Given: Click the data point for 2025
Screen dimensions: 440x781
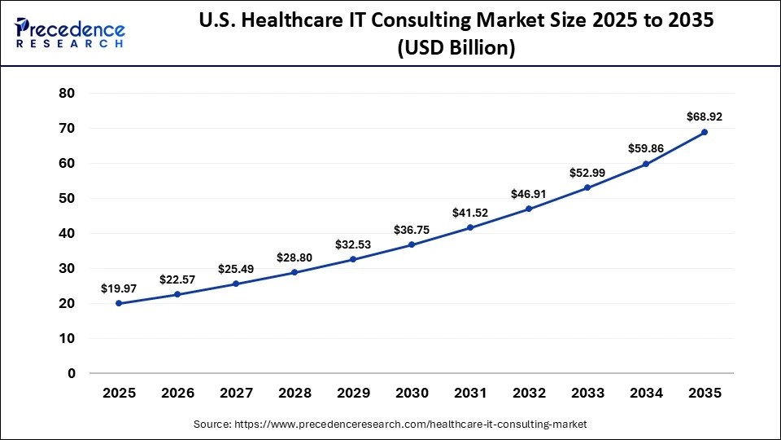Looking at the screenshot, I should point(119,303).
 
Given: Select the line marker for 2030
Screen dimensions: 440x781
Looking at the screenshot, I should point(412,244).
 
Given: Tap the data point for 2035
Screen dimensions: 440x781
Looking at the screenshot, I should point(705,132).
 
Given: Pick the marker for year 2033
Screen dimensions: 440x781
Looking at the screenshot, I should point(587,187).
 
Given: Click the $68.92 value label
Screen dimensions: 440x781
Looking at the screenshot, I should point(705,117).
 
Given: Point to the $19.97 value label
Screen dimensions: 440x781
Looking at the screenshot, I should point(119,288).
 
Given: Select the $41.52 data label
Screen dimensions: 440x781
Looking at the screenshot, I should point(470,213).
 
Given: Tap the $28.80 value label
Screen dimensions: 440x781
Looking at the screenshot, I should point(295,257).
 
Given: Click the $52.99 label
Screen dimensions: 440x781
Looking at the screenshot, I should point(587,172).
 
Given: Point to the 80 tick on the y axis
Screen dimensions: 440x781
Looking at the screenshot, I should point(68,93).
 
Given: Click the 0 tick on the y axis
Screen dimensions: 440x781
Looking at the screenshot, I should point(72,373).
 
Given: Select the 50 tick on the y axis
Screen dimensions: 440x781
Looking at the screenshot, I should point(68,198).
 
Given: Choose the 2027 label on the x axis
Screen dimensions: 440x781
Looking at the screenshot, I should point(236,393).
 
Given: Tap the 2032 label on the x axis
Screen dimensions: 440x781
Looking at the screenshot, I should point(529,393).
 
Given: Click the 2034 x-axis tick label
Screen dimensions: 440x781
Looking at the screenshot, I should point(646,393).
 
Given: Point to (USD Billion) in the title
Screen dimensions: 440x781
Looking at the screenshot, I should point(456,49).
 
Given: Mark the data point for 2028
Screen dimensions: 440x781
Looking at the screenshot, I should point(295,272).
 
